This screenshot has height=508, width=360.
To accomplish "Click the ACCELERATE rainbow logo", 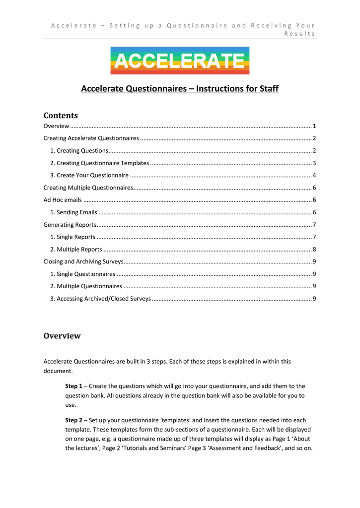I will coord(180,61).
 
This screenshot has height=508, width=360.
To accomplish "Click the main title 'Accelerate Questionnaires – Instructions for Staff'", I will coord(180,89).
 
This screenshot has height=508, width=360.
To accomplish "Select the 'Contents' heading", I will coord(61,116).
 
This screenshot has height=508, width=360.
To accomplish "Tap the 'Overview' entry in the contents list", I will coord(56,127).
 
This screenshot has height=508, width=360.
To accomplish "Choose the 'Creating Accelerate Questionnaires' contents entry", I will coord(91,138).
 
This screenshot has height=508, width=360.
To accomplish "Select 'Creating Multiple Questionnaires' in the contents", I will coord(88,188).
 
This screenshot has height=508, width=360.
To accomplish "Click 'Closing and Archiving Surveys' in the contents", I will coord(83,261).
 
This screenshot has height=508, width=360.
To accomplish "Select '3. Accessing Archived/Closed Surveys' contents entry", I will coord(100,299).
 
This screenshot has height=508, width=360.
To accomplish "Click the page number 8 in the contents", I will coord(314,250).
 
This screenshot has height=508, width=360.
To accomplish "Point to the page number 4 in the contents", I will coord(314,176).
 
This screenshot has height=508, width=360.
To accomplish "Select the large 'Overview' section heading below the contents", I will coord(62,336).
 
